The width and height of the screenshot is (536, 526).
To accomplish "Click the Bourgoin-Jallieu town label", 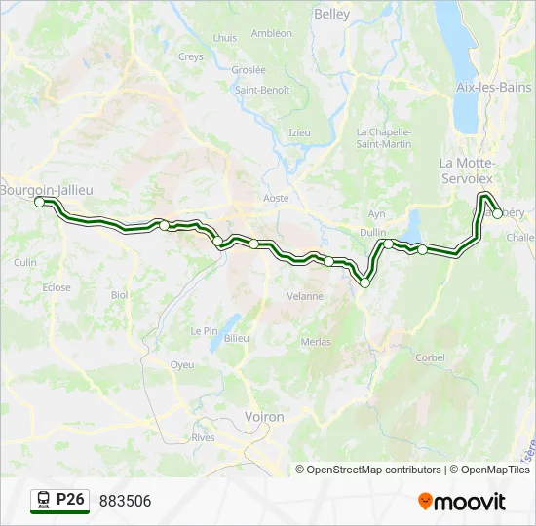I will click(x=47, y=190).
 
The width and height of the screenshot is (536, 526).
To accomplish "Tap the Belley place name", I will click(x=331, y=14).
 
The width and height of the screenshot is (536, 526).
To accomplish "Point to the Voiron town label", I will click(x=265, y=417).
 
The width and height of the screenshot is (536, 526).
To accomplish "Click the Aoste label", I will click(x=276, y=198).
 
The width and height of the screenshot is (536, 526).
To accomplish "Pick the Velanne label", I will click(x=304, y=296).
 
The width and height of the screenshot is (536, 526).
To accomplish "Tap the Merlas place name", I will click(x=316, y=342).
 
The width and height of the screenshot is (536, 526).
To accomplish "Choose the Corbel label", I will click(x=430, y=357).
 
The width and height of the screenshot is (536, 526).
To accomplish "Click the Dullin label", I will click(x=372, y=232).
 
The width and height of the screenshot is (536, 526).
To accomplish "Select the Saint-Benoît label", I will click(x=261, y=90).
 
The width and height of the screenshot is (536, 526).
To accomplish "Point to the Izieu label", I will click(x=299, y=132).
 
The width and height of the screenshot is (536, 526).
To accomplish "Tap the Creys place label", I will click(x=191, y=57).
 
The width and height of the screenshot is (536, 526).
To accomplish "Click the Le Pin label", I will click(x=205, y=330).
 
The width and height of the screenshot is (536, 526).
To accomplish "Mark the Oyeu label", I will click(x=182, y=364).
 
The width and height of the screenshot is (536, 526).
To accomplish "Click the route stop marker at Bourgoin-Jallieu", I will click(x=40, y=202).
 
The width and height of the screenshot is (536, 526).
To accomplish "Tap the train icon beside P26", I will click(x=44, y=501).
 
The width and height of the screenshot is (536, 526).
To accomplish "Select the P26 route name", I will click(x=71, y=500).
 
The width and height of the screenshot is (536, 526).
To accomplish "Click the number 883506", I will click(x=125, y=501).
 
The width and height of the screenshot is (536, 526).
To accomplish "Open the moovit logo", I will click(x=462, y=502).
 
